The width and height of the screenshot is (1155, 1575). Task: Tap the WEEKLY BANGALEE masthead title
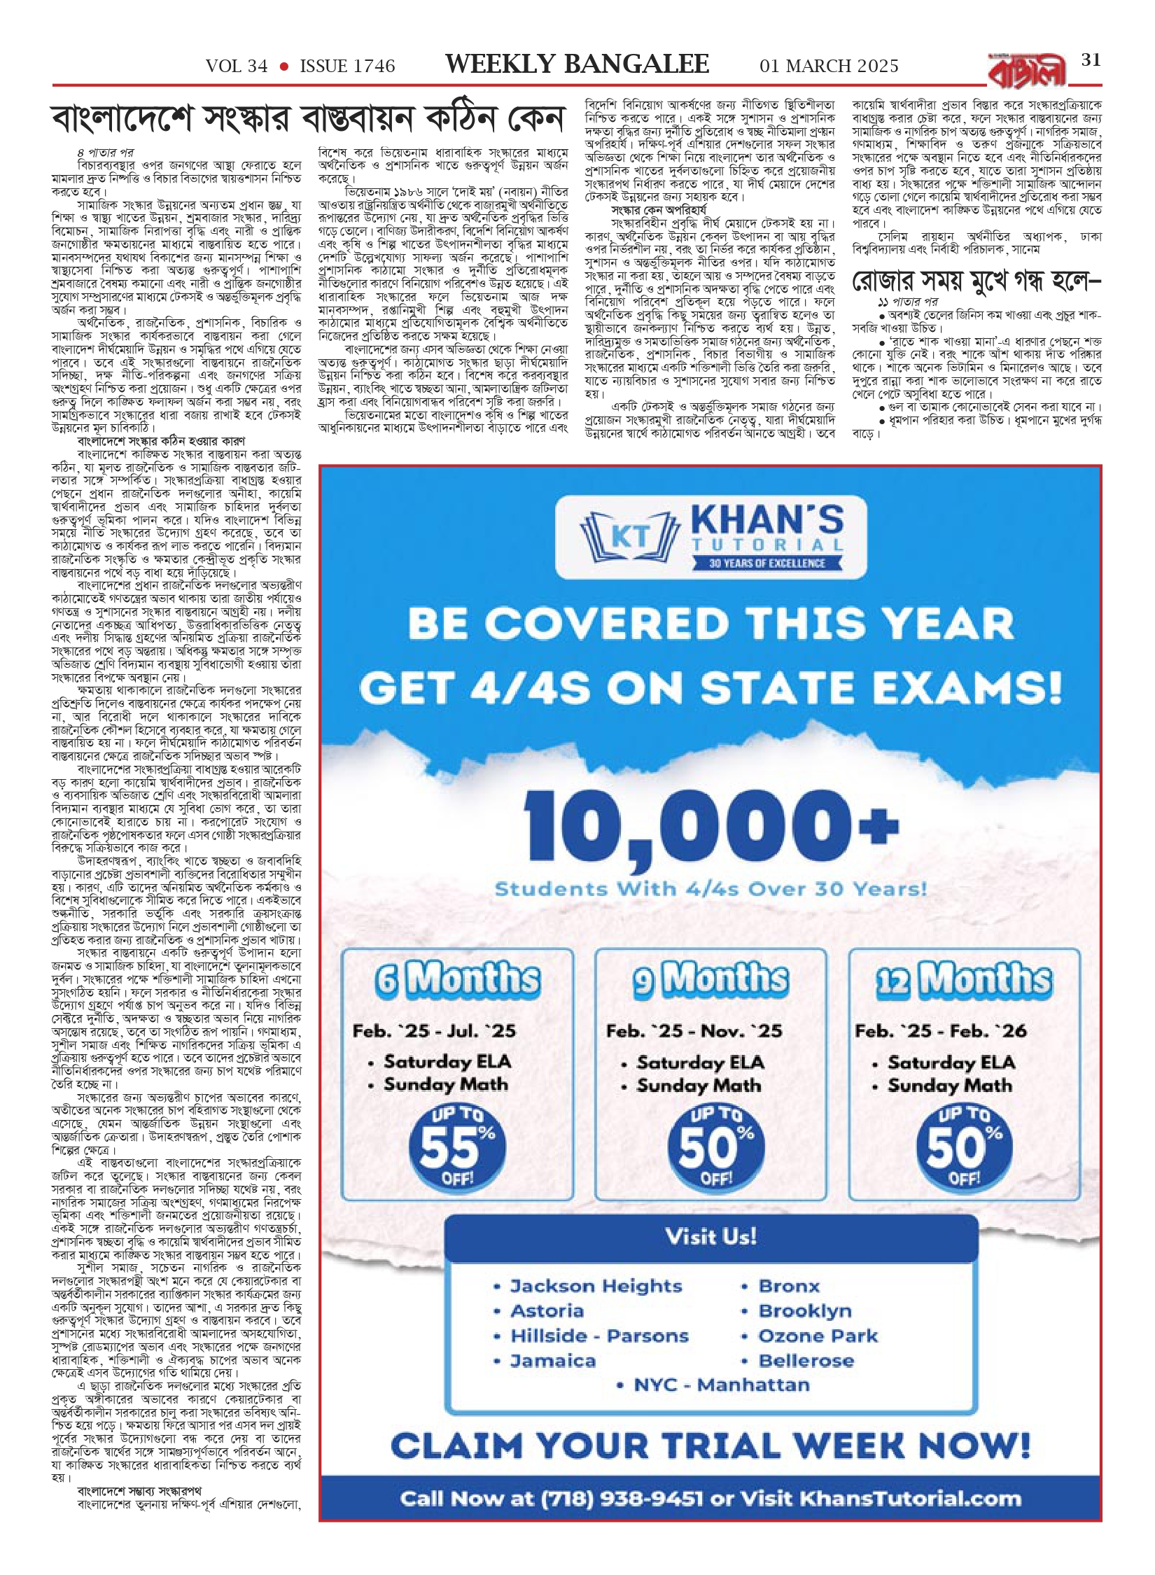click(x=577, y=64)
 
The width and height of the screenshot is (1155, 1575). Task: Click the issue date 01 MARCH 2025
click(x=829, y=66)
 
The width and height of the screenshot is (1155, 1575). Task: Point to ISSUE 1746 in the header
click(x=347, y=66)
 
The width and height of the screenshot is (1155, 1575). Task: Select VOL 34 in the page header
click(x=237, y=66)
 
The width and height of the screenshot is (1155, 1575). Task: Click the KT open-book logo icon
click(x=629, y=537)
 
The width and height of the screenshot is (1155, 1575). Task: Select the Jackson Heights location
click(x=596, y=1286)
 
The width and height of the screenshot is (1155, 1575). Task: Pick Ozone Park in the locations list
click(x=818, y=1336)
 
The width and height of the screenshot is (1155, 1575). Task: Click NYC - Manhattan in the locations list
click(x=721, y=1385)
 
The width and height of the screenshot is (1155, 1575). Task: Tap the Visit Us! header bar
click(x=710, y=1236)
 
